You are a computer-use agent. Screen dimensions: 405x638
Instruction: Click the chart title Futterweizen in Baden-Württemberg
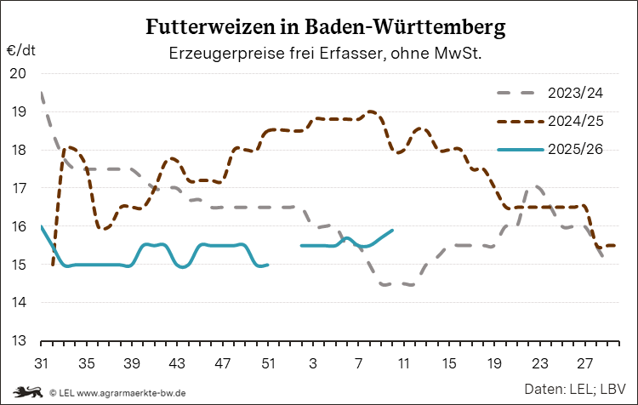click(326, 27)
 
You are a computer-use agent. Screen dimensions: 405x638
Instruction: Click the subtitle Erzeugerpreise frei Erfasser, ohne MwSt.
click(326, 53)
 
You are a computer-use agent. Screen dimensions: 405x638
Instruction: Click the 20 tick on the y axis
click(18, 73)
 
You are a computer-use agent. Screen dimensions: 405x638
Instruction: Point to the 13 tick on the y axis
click(18, 341)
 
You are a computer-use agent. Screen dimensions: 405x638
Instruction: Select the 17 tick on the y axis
click(18, 188)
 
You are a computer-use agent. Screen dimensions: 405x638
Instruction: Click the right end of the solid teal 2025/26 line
click(392, 230)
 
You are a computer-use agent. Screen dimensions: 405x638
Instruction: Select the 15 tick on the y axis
click(18, 265)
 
